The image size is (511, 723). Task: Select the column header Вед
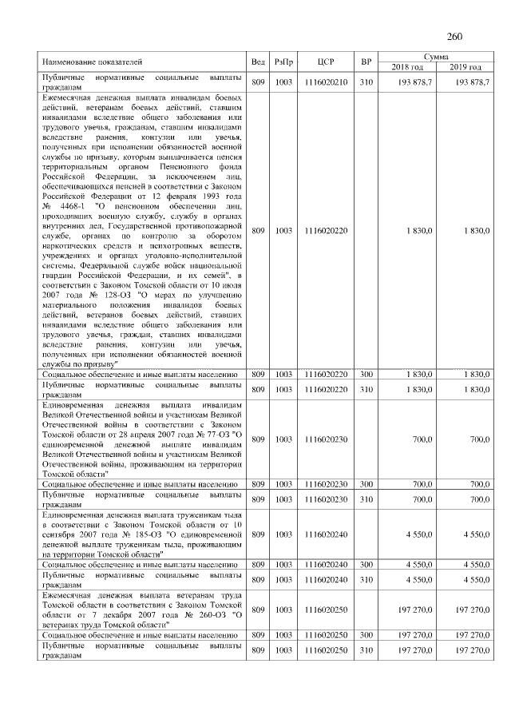pyautogui.click(x=258, y=62)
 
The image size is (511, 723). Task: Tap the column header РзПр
pyautogui.click(x=283, y=62)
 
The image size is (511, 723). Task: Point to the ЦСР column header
pyautogui.click(x=325, y=62)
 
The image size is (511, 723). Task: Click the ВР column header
pyautogui.click(x=366, y=62)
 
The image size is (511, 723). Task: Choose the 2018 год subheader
pyautogui.click(x=407, y=66)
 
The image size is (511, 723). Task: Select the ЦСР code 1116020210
pyautogui.click(x=325, y=82)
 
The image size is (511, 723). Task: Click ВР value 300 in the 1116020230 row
pyautogui.click(x=366, y=484)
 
